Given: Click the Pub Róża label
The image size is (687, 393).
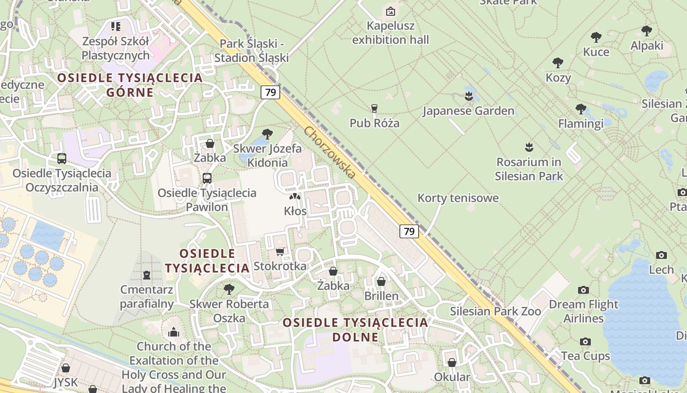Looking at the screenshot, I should pos(374,123).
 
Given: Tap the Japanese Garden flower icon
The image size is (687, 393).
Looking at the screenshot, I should pos(468,96).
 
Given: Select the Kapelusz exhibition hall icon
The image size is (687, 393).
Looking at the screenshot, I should pos(391,11).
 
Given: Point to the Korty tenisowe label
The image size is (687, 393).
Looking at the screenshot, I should pos(458,198).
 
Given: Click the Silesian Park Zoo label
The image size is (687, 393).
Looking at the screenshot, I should pos(496,311).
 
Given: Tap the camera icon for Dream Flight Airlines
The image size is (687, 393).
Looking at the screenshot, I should pos(583,290).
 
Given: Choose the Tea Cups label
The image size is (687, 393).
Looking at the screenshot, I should pos(585,356).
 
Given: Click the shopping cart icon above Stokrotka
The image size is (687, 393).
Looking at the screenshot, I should pos(280,252).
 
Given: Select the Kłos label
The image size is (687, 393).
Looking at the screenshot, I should pos(295,211).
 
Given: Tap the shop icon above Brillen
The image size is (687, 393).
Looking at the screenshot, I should pos(381,281).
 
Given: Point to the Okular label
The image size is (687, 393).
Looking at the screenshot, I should pos(452,377).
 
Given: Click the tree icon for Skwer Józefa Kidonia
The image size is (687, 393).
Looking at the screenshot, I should pos(267,133).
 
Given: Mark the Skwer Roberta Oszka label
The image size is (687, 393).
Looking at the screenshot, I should pos(229,311).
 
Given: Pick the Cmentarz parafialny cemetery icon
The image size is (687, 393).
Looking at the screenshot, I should pos(146,275).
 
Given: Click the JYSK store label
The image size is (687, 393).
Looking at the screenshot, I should pos(66,382).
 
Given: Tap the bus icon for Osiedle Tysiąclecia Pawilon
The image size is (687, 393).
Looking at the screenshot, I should pos(207,178).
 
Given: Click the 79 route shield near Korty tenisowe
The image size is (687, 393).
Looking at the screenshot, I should pos(409,231).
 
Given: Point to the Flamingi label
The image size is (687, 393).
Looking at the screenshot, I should pos(581,123).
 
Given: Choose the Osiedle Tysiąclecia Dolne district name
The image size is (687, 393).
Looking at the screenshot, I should pos(355,330).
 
